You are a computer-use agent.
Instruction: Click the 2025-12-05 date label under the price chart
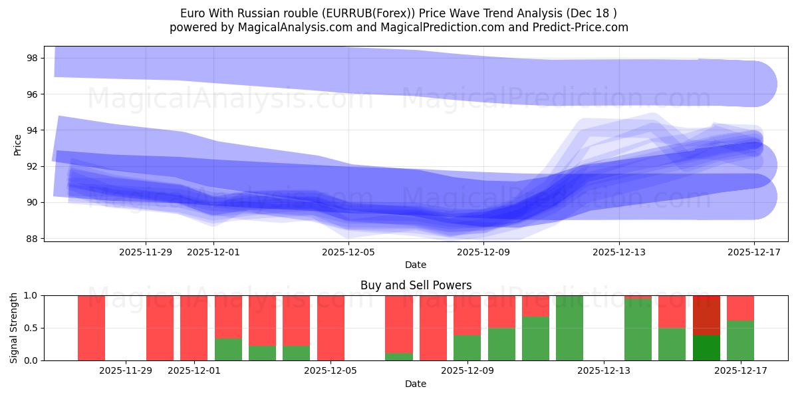[x=348, y=252]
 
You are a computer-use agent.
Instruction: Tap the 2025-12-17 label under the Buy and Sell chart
[x=740, y=371]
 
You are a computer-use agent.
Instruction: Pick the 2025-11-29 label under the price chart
[x=146, y=252]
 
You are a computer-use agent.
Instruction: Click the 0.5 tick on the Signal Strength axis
[x=31, y=328]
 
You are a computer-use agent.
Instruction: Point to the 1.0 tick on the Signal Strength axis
[x=31, y=295]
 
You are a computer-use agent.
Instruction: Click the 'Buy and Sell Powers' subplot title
[x=416, y=285]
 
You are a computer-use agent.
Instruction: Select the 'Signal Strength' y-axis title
[x=14, y=328]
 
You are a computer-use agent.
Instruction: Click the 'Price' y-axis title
[x=18, y=144]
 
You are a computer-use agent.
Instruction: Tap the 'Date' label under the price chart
[x=416, y=265]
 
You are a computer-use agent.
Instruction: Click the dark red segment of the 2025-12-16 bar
[x=706, y=315]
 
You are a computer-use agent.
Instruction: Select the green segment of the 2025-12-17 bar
[x=740, y=340]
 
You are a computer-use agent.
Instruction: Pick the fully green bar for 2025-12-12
[x=570, y=328]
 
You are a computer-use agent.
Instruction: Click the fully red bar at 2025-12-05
[x=331, y=328]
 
